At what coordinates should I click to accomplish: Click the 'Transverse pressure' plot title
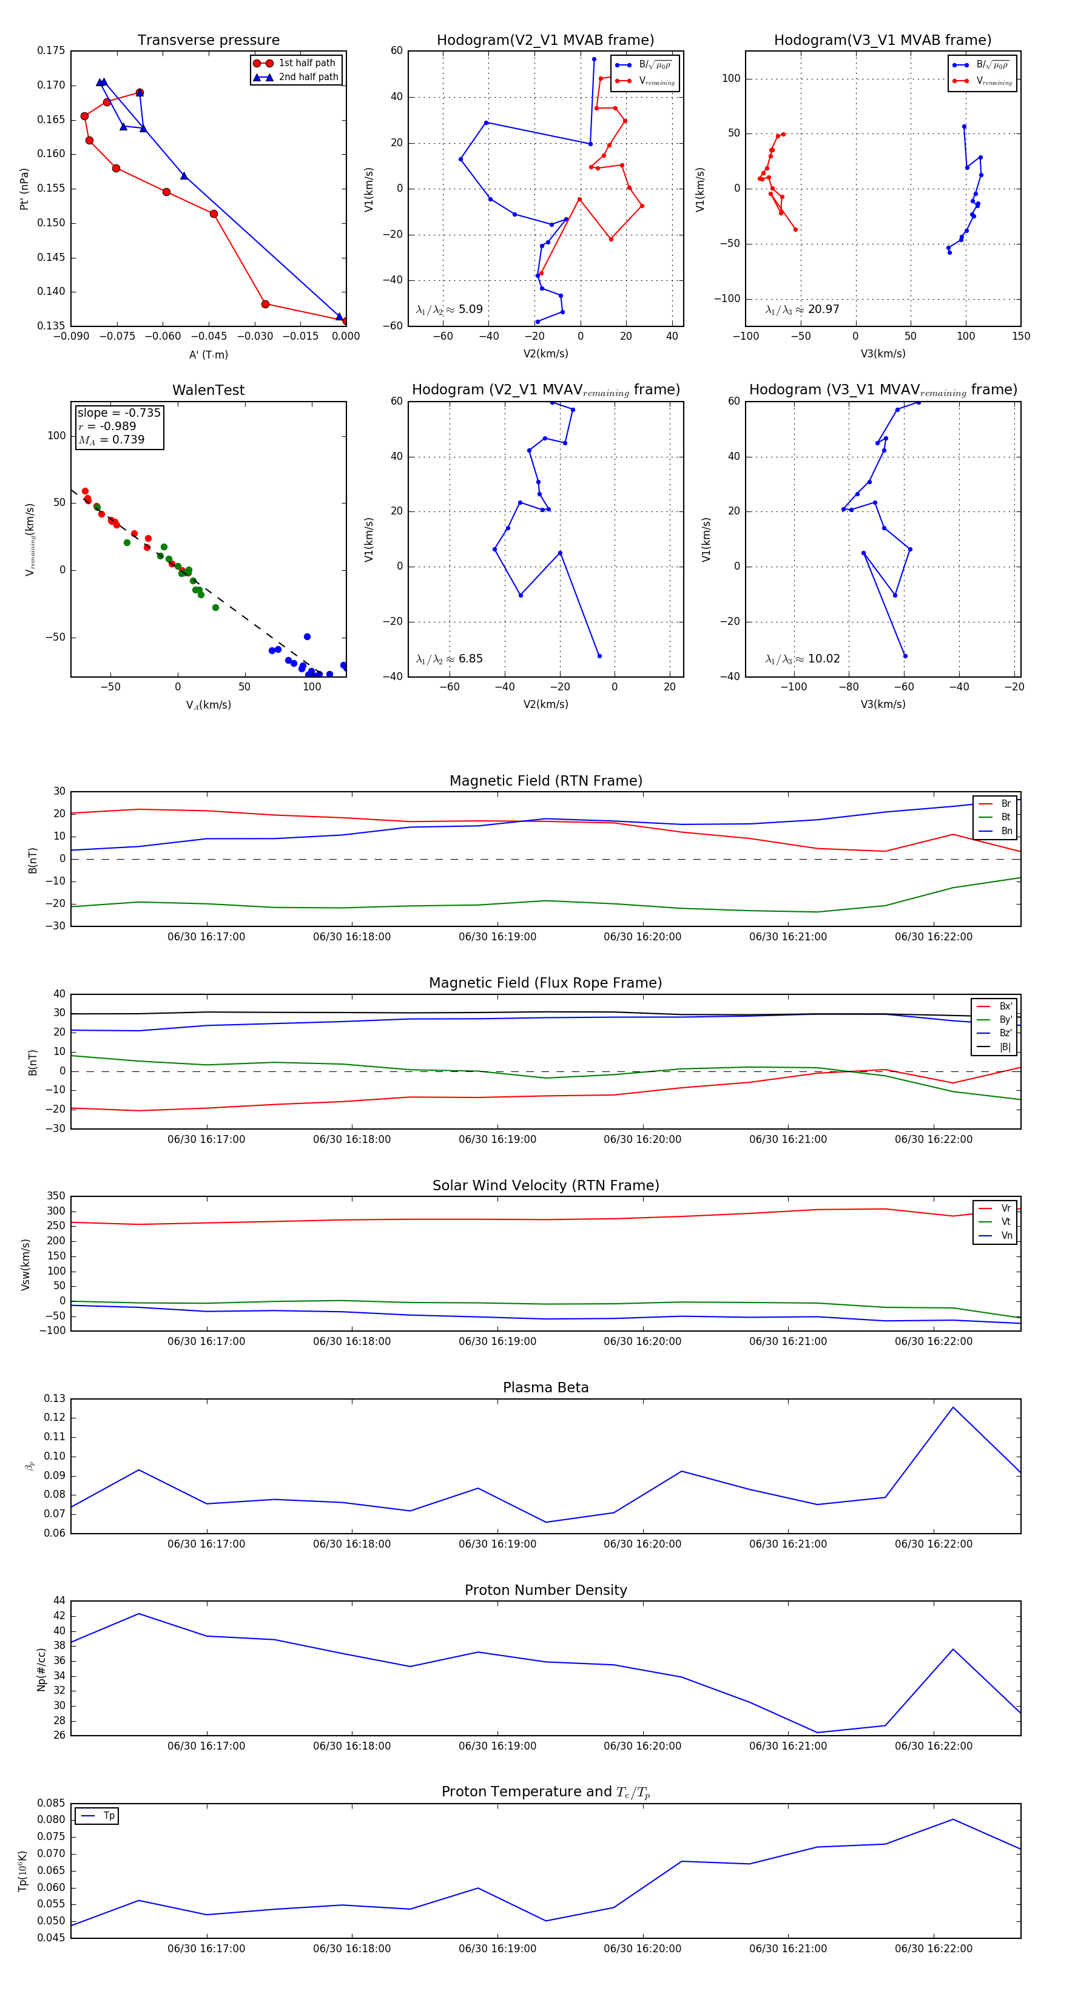coord(208,41)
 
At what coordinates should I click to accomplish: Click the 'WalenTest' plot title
coord(208,390)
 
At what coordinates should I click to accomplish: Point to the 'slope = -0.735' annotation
coord(119,413)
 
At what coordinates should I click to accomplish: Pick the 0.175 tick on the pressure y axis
coord(52,50)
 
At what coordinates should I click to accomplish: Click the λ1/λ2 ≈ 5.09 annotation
coord(449,309)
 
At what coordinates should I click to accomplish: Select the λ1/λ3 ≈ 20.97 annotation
coord(802,309)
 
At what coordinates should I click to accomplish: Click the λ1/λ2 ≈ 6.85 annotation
coord(449,659)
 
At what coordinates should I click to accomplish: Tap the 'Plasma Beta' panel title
coord(545,1388)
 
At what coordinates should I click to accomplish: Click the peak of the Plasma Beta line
coord(953,1407)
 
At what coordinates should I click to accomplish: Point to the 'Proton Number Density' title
coord(545,1590)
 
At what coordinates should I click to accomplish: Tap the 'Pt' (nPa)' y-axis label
coord(24,189)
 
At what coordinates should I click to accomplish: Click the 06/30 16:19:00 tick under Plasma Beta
coord(497,1543)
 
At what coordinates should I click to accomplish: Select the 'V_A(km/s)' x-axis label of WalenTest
coord(208,705)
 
